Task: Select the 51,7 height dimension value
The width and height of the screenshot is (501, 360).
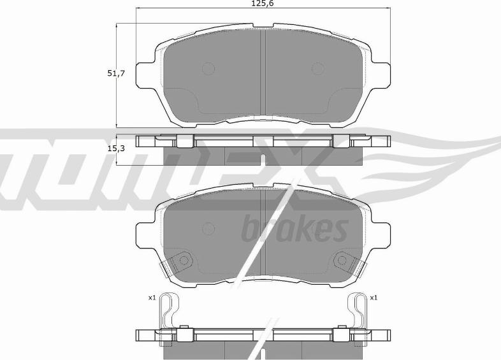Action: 115,74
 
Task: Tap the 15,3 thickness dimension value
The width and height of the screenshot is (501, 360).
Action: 115,148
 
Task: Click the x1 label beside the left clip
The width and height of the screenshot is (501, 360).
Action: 152,298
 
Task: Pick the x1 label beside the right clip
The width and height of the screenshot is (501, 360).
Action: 374,298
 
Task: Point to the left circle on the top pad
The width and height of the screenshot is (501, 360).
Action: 208,68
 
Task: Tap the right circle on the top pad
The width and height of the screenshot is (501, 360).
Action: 317,68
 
